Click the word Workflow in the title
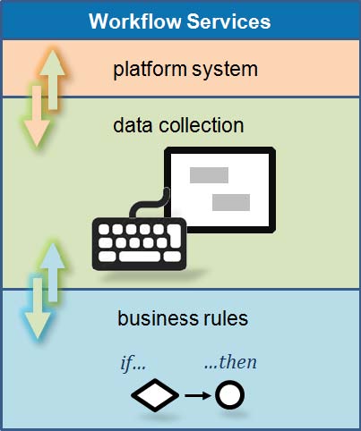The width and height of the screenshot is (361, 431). click(135, 21)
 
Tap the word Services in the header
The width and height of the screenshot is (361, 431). click(229, 21)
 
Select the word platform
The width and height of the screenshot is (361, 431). click(150, 70)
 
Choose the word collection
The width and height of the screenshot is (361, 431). click(202, 125)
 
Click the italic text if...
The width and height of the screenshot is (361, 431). click(133, 363)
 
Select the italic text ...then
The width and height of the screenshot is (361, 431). click(230, 362)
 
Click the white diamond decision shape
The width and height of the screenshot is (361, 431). click(155, 395)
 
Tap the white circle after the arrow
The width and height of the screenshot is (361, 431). click(230, 395)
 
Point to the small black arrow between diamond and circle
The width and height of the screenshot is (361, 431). click(198, 395)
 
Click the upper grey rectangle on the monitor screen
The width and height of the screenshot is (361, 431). click(209, 175)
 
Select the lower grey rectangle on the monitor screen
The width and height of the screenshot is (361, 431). click(231, 202)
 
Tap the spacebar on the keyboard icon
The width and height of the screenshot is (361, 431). click(140, 257)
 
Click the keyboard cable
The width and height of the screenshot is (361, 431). click(150, 204)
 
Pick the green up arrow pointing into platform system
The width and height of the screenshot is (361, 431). click(53, 80)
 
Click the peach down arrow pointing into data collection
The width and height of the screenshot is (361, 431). click(37, 116)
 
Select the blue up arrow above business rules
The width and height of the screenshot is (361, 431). click(53, 272)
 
